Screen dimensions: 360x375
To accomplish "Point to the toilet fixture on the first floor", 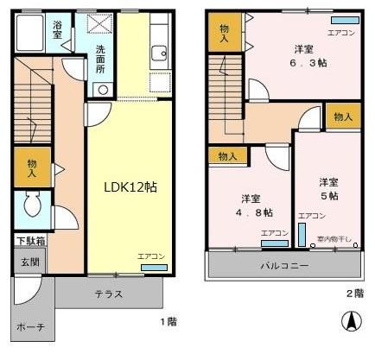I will pyautogui.click(x=33, y=205).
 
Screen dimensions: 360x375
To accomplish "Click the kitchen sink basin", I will pyautogui.click(x=158, y=55).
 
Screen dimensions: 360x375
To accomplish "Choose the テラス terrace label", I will pyautogui.click(x=108, y=294).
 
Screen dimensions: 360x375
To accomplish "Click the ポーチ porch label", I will pyautogui.click(x=30, y=329).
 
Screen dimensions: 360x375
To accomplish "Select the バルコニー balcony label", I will pyautogui.click(x=283, y=265).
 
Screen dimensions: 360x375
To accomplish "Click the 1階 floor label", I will pyautogui.click(x=168, y=322).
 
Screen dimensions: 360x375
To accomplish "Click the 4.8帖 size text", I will pyautogui.click(x=257, y=212).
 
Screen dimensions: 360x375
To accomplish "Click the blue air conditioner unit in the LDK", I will pyautogui.click(x=154, y=268).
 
